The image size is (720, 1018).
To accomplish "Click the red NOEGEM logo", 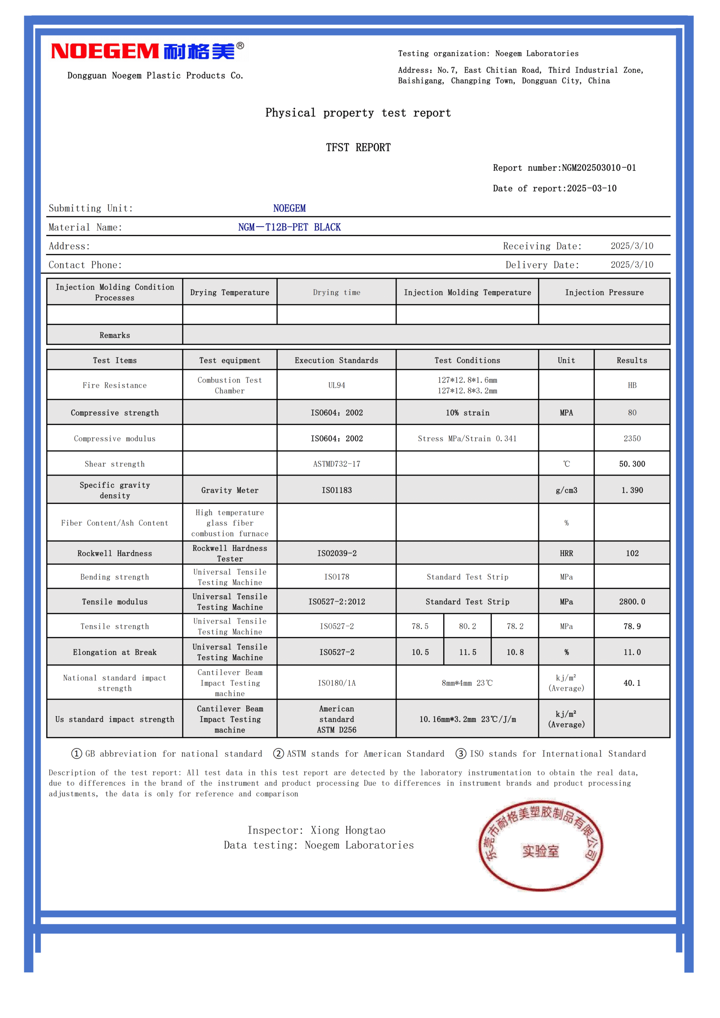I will pos(146,51).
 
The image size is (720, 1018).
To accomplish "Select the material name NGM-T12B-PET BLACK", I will pos(289,227).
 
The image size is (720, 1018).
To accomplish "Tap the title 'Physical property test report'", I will pos(358,113).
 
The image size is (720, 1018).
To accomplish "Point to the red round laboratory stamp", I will pos(540,846).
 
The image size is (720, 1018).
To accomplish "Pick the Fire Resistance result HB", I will pos(632,385).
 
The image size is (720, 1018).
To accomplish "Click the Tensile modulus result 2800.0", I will pos(632,602).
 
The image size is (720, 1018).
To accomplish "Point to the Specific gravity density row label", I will pos(115,490).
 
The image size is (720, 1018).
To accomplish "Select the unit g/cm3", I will pos(566,490).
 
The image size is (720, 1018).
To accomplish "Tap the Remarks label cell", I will pos(115,335).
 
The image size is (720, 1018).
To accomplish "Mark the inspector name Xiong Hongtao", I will pos(348,830).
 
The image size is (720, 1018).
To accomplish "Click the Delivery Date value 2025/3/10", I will pos(632,265).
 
